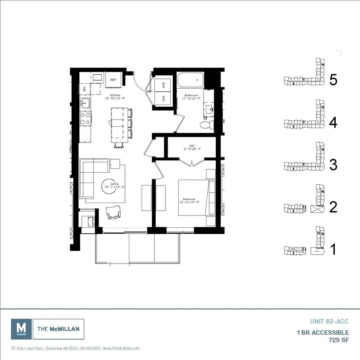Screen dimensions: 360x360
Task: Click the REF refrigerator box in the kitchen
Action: pyautogui.click(x=113, y=80)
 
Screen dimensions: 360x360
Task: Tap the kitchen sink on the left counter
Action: pyautogui.click(x=84, y=103)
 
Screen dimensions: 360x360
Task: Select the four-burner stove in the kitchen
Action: pyautogui.click(x=85, y=118)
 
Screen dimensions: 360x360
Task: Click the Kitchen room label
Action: pyautogui.click(x=115, y=95)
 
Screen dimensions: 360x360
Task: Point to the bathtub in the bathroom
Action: pyautogui.click(x=191, y=80)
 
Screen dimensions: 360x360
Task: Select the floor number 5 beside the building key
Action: pyautogui.click(x=333, y=80)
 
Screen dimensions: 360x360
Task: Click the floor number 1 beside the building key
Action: pyautogui.click(x=333, y=250)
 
